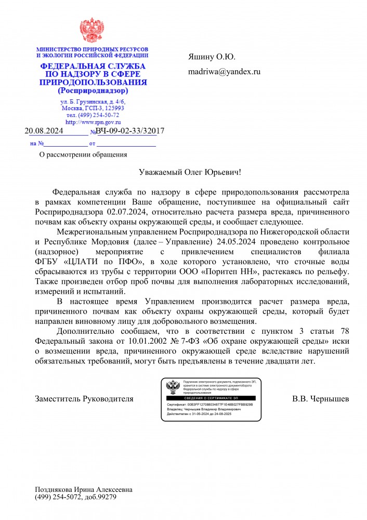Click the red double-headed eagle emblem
91,31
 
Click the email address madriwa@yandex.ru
224,72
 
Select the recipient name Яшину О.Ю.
212,57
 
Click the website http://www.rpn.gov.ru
93,122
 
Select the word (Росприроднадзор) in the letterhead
93,90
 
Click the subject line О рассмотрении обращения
83,154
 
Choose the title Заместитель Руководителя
84,399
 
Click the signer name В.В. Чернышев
320,399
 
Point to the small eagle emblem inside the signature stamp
173,387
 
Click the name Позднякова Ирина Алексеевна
83,490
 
